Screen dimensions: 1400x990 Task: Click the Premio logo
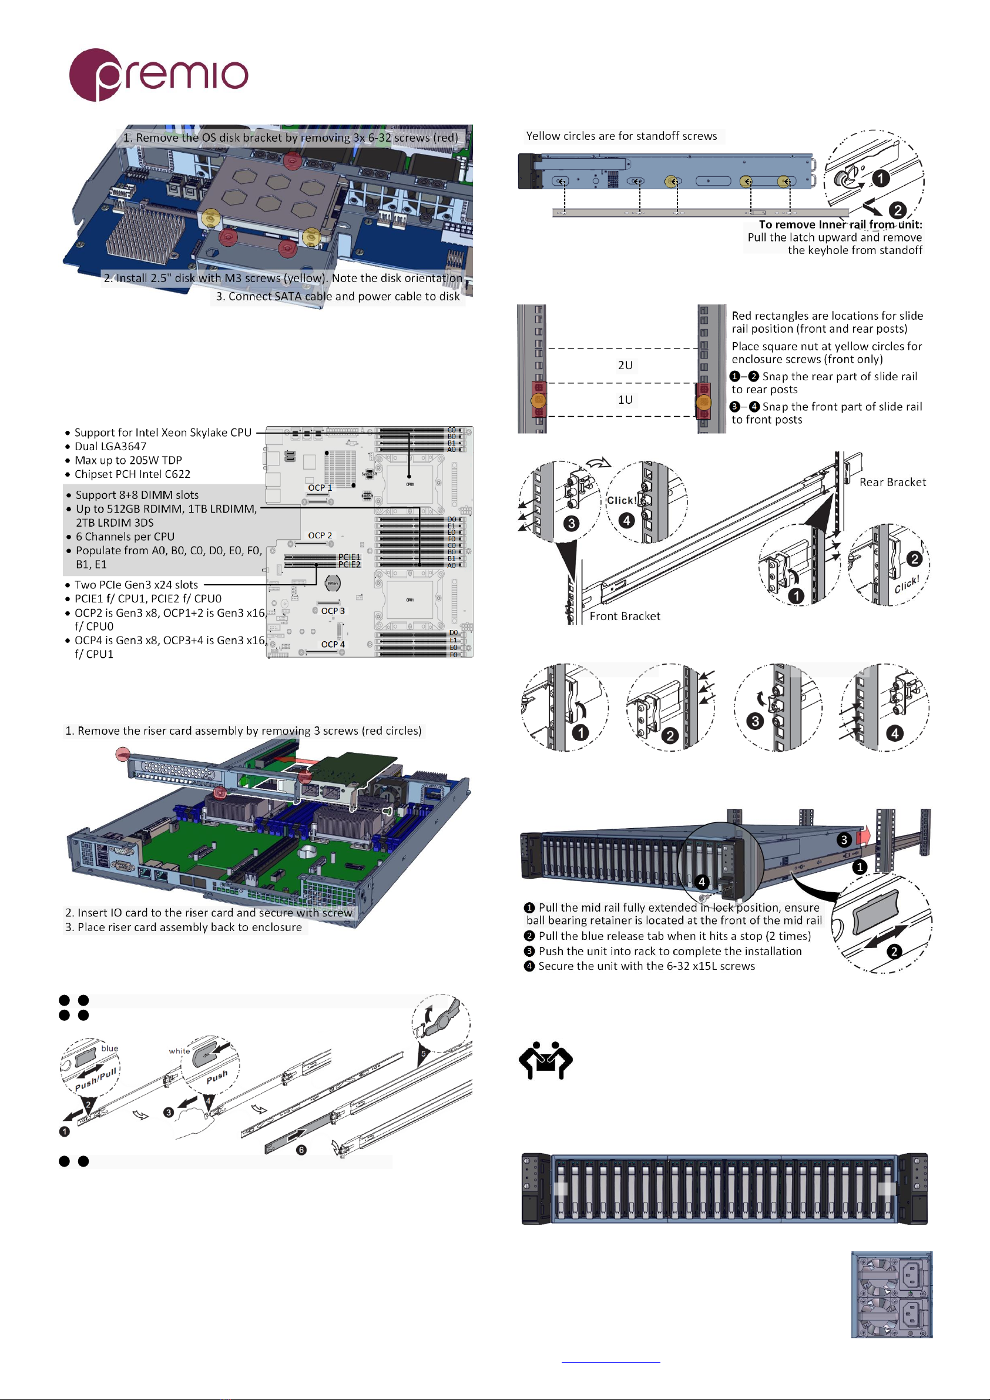coord(158,75)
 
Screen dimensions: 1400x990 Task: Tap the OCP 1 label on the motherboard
coord(320,487)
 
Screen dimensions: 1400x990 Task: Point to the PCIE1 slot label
coord(350,557)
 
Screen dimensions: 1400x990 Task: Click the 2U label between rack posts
coord(625,365)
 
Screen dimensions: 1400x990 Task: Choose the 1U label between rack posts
coord(625,400)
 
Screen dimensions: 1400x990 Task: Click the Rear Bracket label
coord(892,483)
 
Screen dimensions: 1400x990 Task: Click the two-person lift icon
coord(545,1060)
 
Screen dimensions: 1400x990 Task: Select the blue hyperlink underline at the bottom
coord(610,1362)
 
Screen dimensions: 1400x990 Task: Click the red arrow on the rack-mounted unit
coord(863,835)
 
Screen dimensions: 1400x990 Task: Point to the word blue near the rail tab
coord(110,1048)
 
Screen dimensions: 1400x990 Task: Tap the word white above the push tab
coord(179,1051)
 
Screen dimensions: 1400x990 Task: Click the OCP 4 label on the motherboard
coord(333,644)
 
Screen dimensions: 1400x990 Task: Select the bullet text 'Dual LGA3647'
coord(110,446)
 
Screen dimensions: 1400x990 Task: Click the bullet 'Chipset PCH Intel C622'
coord(132,474)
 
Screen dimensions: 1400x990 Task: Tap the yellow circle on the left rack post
coord(538,400)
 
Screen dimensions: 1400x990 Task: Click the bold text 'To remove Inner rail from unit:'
coord(840,225)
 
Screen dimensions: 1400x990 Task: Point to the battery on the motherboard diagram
coord(332,583)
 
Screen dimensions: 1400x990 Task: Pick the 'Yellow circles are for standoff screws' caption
coord(621,136)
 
